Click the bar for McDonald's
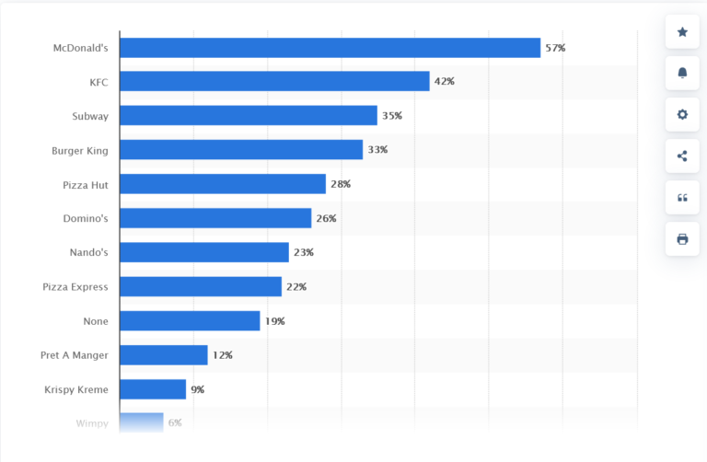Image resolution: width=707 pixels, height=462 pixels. [330, 48]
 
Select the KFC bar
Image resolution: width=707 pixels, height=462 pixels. [274, 82]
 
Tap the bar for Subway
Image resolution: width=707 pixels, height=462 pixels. [249, 116]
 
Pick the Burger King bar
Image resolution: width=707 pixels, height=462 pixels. [241, 150]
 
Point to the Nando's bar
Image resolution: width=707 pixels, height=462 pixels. [204, 252]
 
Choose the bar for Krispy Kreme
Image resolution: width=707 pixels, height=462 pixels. [153, 389]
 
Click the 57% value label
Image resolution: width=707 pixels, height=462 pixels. [555, 48]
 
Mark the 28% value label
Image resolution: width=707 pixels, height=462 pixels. [341, 184]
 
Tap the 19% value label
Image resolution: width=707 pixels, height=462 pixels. [275, 321]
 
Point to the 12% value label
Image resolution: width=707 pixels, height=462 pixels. [222, 355]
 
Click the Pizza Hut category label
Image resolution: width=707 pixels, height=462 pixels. [86, 185]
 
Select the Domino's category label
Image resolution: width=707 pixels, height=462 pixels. [85, 219]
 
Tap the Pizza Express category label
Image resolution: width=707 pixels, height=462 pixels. [75, 287]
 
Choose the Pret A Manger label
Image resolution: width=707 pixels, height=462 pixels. [75, 355]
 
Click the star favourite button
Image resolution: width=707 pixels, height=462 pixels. [682, 32]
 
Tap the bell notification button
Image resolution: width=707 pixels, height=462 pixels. [682, 74]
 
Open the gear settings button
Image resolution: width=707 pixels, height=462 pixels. [682, 115]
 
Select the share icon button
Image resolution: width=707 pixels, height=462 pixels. [682, 156]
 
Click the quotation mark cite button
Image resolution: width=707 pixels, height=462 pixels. [682, 198]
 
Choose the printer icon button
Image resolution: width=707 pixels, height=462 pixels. [682, 239]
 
